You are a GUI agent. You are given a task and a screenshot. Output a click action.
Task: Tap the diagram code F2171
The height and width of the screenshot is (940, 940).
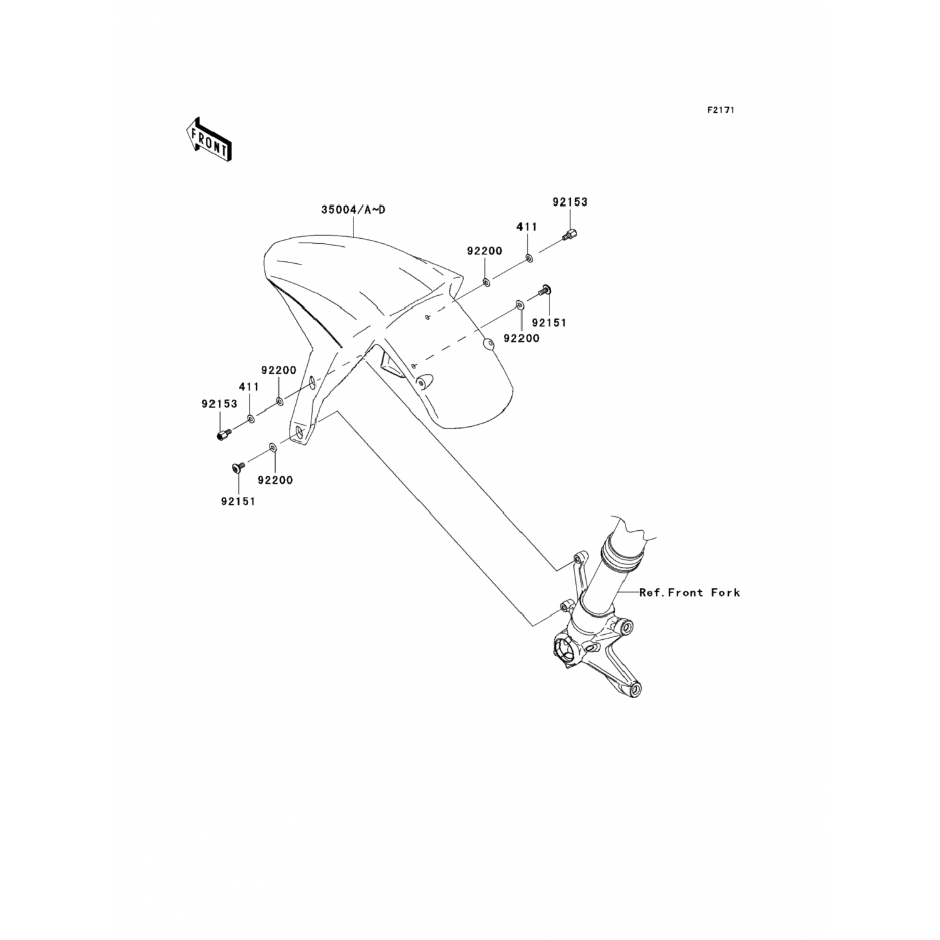tap(721, 110)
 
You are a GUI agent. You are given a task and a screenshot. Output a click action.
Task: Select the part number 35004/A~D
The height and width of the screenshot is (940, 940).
tap(353, 210)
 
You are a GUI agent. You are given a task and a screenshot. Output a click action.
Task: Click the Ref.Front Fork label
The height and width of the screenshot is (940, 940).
tap(689, 592)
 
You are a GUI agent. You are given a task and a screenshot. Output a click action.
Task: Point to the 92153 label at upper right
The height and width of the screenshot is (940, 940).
tap(570, 202)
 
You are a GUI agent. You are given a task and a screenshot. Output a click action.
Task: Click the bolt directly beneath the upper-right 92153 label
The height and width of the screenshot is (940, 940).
tap(570, 236)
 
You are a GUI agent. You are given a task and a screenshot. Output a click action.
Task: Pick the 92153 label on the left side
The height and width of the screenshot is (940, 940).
tap(219, 404)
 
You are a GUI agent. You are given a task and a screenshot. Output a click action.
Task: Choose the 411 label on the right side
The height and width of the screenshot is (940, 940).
tap(526, 226)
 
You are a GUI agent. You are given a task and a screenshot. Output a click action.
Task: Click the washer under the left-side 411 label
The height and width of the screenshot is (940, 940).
tap(251, 418)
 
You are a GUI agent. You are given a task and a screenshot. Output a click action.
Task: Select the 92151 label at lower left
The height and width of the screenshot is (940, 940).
tap(238, 501)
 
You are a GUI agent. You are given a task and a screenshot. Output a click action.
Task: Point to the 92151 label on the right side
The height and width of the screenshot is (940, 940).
tap(549, 323)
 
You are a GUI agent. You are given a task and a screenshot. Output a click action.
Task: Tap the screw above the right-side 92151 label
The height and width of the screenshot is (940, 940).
tap(544, 290)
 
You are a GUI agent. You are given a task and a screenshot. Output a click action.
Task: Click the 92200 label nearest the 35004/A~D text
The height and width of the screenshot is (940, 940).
tap(484, 251)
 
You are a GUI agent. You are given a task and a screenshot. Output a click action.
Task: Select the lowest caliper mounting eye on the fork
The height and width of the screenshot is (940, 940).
tap(635, 690)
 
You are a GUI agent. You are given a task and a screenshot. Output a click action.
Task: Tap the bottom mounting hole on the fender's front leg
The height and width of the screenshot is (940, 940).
tap(300, 433)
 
